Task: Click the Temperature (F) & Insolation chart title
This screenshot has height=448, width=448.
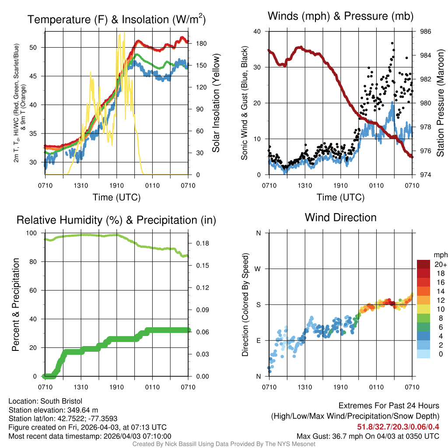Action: [116, 19]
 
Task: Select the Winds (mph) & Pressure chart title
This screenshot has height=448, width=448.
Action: [340, 17]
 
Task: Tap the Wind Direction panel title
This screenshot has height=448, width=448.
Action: [340, 217]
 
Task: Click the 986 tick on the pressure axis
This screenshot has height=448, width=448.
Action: [426, 31]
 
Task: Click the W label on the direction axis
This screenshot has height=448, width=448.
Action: [259, 269]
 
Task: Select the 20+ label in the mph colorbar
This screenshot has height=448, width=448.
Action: [440, 264]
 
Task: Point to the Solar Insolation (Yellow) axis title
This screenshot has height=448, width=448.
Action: [216, 103]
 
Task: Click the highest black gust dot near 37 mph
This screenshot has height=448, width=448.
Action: [392, 43]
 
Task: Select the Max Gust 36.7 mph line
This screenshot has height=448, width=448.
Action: [367, 436]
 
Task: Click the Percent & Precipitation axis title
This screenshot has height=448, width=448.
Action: [16, 304]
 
